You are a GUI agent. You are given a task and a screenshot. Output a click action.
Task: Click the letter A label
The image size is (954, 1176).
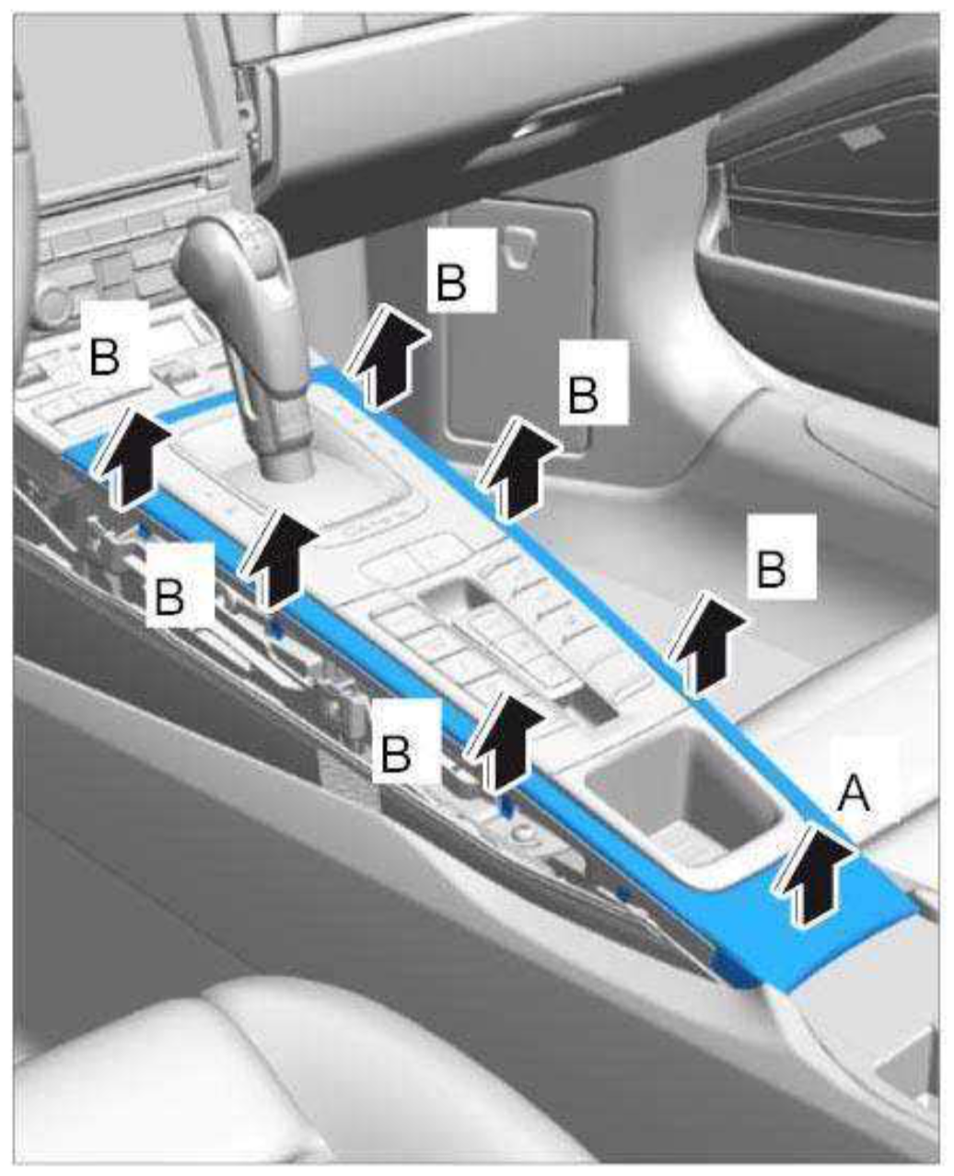855,794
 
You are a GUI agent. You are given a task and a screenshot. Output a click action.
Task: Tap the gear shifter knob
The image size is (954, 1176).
239,288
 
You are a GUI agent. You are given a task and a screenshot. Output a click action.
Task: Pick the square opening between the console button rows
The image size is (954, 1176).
454,597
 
